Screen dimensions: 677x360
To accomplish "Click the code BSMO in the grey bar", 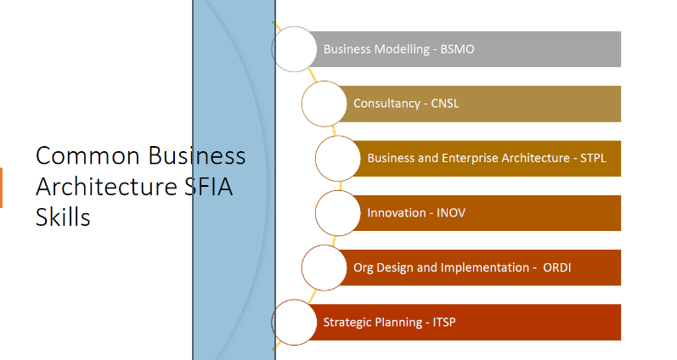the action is coord(457,49).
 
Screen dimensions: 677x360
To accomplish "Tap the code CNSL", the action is coord(445,104).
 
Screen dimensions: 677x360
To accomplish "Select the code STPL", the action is coord(593,158).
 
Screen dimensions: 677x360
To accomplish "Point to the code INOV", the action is coord(451,213).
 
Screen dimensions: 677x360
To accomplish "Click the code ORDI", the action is coord(557,267).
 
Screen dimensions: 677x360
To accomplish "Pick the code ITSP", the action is coord(444,322).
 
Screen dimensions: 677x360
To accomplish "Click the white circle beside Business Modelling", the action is coord(294,49).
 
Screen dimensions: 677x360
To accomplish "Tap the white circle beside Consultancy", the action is coord(324,104).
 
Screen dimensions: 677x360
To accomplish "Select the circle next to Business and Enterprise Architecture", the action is coord(337,159).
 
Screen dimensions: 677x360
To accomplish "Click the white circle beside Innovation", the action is coord(337,213).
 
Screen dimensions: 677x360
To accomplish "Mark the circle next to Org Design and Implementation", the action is coord(324,267).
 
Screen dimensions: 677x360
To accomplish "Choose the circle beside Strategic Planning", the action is coord(294,322).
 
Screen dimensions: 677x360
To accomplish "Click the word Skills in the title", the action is coord(63,217).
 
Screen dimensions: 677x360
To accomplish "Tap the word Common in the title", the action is coord(87,156).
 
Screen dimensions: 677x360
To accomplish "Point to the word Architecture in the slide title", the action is coord(107,187).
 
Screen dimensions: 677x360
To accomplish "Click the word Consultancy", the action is coord(386,104).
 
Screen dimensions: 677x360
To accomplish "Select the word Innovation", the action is coord(397,213).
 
